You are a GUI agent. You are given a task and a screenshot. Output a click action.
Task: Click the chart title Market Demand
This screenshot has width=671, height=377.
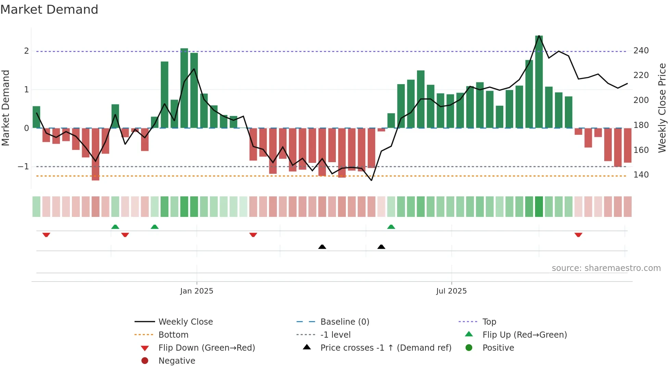point(49,10)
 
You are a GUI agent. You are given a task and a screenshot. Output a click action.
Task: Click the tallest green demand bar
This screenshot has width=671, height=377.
point(539,82)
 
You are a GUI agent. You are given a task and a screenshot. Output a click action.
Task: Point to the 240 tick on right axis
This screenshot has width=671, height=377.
point(641,51)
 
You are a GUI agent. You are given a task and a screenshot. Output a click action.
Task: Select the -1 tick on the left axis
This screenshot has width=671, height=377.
point(23,167)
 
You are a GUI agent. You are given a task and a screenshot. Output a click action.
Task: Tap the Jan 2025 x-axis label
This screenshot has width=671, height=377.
point(197,291)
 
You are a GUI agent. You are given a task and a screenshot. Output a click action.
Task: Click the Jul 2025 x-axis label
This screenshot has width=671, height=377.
point(451,291)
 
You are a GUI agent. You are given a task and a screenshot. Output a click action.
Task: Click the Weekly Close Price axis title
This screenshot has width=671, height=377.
point(662,108)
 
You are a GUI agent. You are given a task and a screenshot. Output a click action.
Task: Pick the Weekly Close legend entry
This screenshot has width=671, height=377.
point(185,322)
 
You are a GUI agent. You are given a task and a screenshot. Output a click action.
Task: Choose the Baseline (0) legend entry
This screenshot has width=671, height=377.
point(344,322)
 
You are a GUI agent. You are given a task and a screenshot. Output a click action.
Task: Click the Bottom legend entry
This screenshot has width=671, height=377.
point(173,335)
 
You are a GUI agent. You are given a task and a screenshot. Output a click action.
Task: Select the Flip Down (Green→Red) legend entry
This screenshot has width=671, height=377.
point(206,348)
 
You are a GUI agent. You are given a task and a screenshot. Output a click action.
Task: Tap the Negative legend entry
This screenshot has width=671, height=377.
point(177,361)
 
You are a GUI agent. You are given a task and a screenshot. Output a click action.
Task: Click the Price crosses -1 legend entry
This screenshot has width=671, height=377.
point(385,348)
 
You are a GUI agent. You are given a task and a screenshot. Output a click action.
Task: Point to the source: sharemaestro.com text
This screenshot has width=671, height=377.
point(606,268)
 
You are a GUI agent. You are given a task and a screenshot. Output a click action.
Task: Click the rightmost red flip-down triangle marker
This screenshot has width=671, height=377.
point(578,235)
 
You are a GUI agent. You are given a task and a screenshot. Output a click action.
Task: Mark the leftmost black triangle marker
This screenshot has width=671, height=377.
point(322,247)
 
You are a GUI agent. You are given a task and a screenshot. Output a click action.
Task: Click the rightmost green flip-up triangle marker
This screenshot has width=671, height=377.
point(391,227)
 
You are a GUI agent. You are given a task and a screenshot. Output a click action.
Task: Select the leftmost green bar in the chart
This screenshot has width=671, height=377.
point(36,117)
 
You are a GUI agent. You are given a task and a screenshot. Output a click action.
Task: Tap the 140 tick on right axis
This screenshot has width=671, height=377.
point(641,175)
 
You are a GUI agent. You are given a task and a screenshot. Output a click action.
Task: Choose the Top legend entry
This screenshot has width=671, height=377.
point(489,322)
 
